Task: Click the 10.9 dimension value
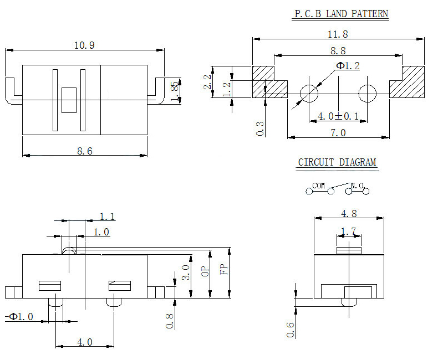click(84, 45)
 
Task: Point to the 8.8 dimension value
click(338, 50)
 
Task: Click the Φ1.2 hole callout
click(348, 66)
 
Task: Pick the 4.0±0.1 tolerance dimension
click(338, 116)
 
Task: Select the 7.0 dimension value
click(338, 132)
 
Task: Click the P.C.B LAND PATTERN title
click(340, 14)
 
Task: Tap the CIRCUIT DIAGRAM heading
click(337, 162)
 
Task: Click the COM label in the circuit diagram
click(319, 186)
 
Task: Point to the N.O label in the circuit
click(356, 186)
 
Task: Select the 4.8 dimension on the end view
click(349, 213)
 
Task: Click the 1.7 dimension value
click(348, 230)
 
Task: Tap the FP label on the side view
click(223, 270)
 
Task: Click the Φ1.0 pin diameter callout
click(21, 316)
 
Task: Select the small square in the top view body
click(69, 100)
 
